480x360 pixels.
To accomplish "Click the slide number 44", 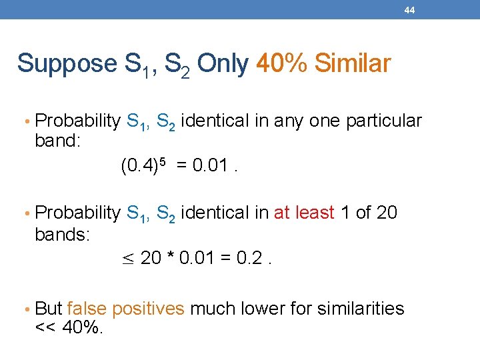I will [409, 10].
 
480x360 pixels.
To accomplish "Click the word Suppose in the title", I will [67, 64].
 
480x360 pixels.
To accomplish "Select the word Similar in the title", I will [352, 63].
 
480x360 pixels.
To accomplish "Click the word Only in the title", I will [223, 63].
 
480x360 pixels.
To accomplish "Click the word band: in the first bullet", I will [57, 142].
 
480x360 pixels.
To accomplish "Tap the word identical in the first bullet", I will [212, 121].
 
